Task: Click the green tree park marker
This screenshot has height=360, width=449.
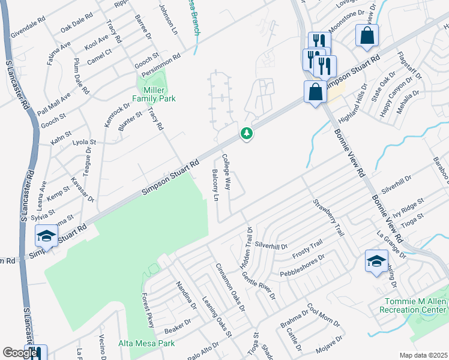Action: (246, 133)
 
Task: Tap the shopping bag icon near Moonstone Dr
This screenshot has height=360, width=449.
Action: (367, 35)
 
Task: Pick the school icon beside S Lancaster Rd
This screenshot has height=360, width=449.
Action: (46, 236)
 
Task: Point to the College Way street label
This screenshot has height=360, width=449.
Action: (226, 172)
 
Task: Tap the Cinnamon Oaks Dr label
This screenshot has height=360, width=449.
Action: (231, 287)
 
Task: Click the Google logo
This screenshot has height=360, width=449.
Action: (20, 353)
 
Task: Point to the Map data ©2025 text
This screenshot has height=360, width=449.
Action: (423, 355)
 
